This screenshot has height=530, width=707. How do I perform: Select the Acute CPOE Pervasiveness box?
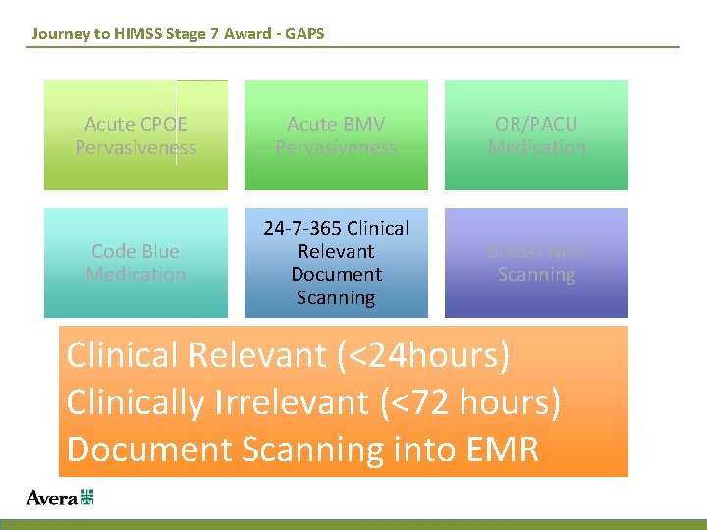[136, 135]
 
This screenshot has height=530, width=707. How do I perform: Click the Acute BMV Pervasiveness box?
[336, 135]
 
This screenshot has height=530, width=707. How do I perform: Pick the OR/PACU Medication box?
[536, 135]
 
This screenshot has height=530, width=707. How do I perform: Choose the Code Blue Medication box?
[136, 263]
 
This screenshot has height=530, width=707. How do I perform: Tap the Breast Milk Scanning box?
[536, 263]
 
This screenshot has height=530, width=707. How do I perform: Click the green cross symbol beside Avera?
[86, 498]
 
